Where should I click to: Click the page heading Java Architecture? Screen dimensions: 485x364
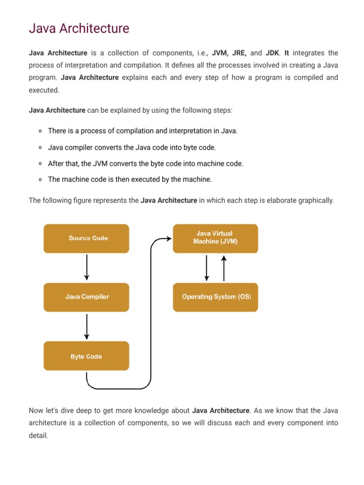point(79,28)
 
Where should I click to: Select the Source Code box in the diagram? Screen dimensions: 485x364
point(86,238)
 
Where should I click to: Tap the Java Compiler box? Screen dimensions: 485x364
point(86,297)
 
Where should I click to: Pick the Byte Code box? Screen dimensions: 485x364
point(86,356)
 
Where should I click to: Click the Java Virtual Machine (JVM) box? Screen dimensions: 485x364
point(215,238)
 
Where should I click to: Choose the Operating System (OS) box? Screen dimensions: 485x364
point(216,297)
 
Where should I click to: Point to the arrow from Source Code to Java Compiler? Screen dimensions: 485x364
point(86,268)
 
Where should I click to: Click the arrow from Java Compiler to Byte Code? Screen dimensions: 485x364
point(86,326)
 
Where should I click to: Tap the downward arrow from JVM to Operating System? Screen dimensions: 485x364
point(207,268)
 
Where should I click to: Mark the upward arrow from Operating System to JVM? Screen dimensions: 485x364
point(224,268)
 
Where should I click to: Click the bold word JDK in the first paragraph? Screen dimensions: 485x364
point(272,53)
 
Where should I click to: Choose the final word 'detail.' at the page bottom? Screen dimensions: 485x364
point(38,435)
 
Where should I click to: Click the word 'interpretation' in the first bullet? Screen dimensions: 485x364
point(180,131)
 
